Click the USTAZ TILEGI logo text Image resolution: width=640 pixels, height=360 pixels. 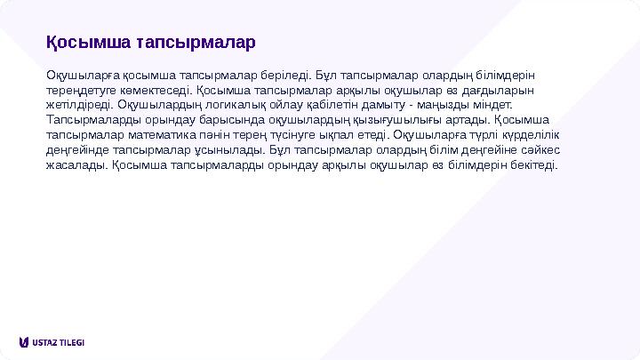point(59,342)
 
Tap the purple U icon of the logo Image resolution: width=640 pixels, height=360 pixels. point(23,342)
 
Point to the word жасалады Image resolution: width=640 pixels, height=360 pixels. point(76,164)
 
